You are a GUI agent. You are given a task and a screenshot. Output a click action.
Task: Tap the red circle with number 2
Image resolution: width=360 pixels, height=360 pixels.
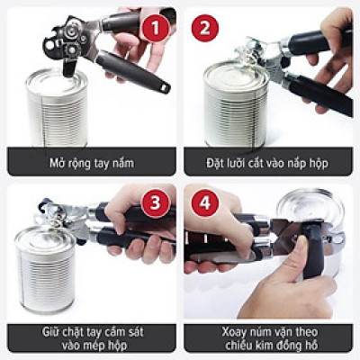204,28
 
